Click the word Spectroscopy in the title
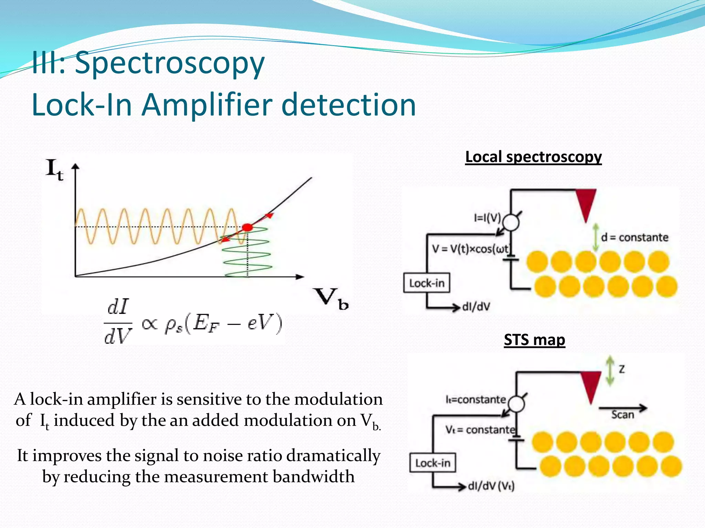pos(170,64)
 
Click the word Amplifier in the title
pos(208,105)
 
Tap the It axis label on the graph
pos(55,170)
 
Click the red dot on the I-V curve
pos(247,227)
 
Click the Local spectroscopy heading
pos(533,157)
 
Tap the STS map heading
pos(534,340)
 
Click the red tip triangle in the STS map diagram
pos(591,386)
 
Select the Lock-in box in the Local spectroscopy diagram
pos(427,283)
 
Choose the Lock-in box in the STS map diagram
pos(432,463)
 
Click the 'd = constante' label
pos(634,237)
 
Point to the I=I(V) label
pos(487,218)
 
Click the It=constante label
pos(476,399)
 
